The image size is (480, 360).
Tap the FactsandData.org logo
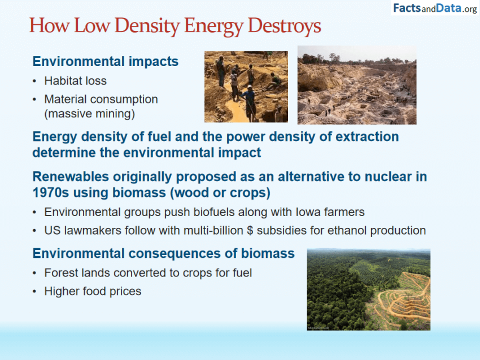pos(435,8)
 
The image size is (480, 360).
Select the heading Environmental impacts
pos(105,62)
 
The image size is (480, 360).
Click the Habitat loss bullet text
pos(76,81)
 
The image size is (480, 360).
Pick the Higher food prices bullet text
pos(93,291)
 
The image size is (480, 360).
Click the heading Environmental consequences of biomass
pos(163,253)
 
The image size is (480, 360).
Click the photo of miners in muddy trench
pos(246,87)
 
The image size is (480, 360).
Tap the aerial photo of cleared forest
pos(368,289)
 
